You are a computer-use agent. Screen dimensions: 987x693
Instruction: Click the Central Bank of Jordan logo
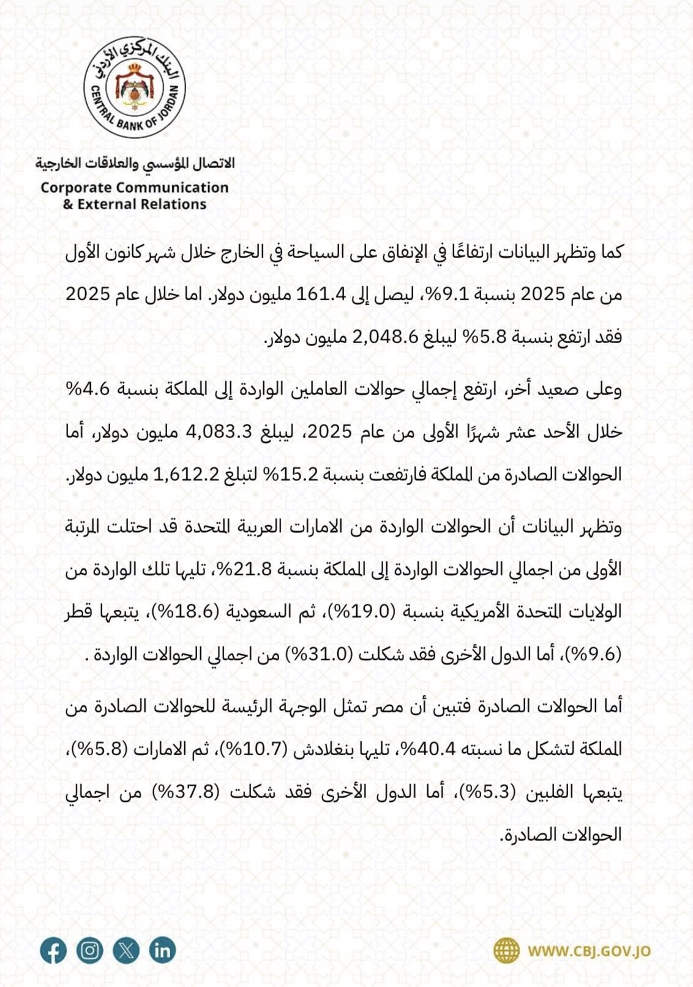point(135,87)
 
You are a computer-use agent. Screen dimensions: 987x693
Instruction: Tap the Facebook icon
point(53,951)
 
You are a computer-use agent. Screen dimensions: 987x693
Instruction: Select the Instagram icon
point(89,951)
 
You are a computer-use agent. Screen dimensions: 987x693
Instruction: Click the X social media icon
point(126,951)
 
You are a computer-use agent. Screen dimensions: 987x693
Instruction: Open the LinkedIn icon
point(162,951)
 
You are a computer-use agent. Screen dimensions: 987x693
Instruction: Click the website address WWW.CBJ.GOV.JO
point(589,952)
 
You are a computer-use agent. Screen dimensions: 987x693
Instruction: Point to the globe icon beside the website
point(506,951)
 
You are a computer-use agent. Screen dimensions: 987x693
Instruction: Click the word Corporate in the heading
point(75,188)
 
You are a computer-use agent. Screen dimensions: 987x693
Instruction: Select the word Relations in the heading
point(174,204)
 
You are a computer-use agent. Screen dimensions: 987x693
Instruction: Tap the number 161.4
point(321,295)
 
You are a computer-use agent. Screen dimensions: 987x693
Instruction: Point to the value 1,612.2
point(175,475)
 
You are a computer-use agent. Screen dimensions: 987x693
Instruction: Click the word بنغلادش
point(319,749)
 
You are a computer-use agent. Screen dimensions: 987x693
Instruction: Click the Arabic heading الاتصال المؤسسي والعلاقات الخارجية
point(135,163)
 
